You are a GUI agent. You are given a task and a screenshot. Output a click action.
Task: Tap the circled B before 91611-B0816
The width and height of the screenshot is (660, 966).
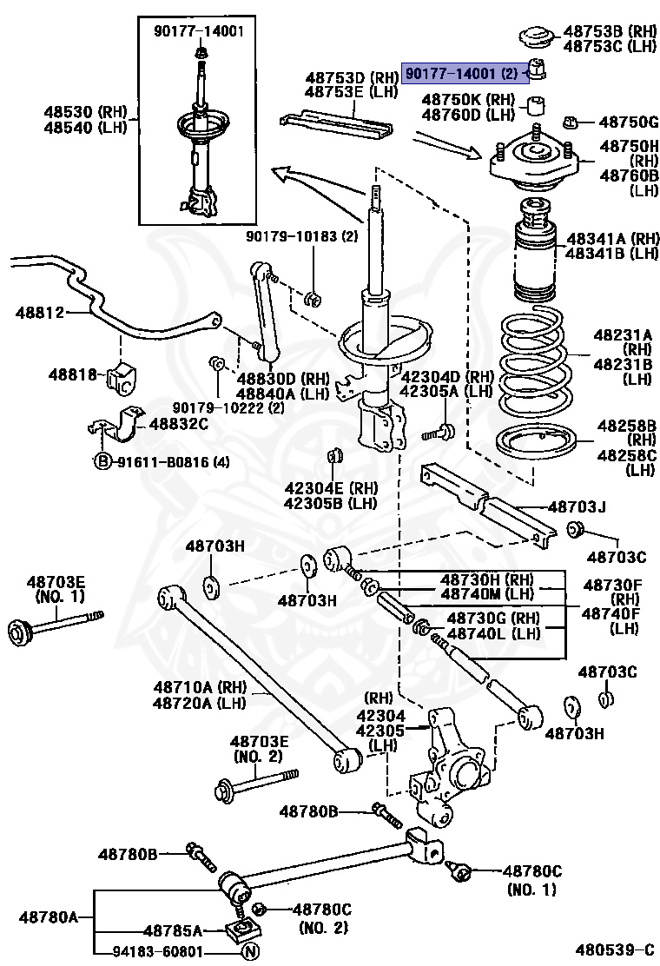pyautogui.click(x=102, y=461)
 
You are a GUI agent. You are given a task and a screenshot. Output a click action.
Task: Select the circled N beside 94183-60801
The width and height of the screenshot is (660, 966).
pyautogui.click(x=249, y=950)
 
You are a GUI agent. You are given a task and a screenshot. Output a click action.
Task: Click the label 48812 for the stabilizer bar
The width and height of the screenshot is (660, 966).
pyautogui.click(x=39, y=312)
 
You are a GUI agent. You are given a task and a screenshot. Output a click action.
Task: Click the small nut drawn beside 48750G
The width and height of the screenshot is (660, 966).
pyautogui.click(x=571, y=122)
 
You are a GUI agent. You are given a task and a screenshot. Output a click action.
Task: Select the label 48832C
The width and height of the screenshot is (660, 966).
pyautogui.click(x=179, y=424)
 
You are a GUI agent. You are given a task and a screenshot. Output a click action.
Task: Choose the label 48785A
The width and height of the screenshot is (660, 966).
pyautogui.click(x=173, y=930)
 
